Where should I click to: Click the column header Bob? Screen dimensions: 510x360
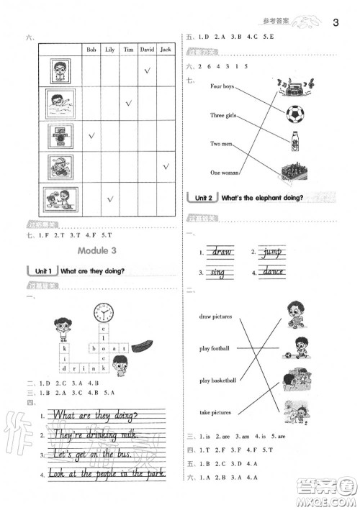pos(91,50)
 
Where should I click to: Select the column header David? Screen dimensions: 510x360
pos(147,50)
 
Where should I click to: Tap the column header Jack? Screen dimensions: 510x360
pos(166,50)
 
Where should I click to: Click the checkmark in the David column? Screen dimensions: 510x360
pos(147,71)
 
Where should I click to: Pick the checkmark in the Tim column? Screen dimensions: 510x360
pos(129,103)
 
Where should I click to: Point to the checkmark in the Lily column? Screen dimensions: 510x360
pos(110,198)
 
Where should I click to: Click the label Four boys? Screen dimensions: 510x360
pos(223,86)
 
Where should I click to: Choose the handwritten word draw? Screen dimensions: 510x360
pos(220,252)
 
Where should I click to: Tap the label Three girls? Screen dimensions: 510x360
pos(225,115)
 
